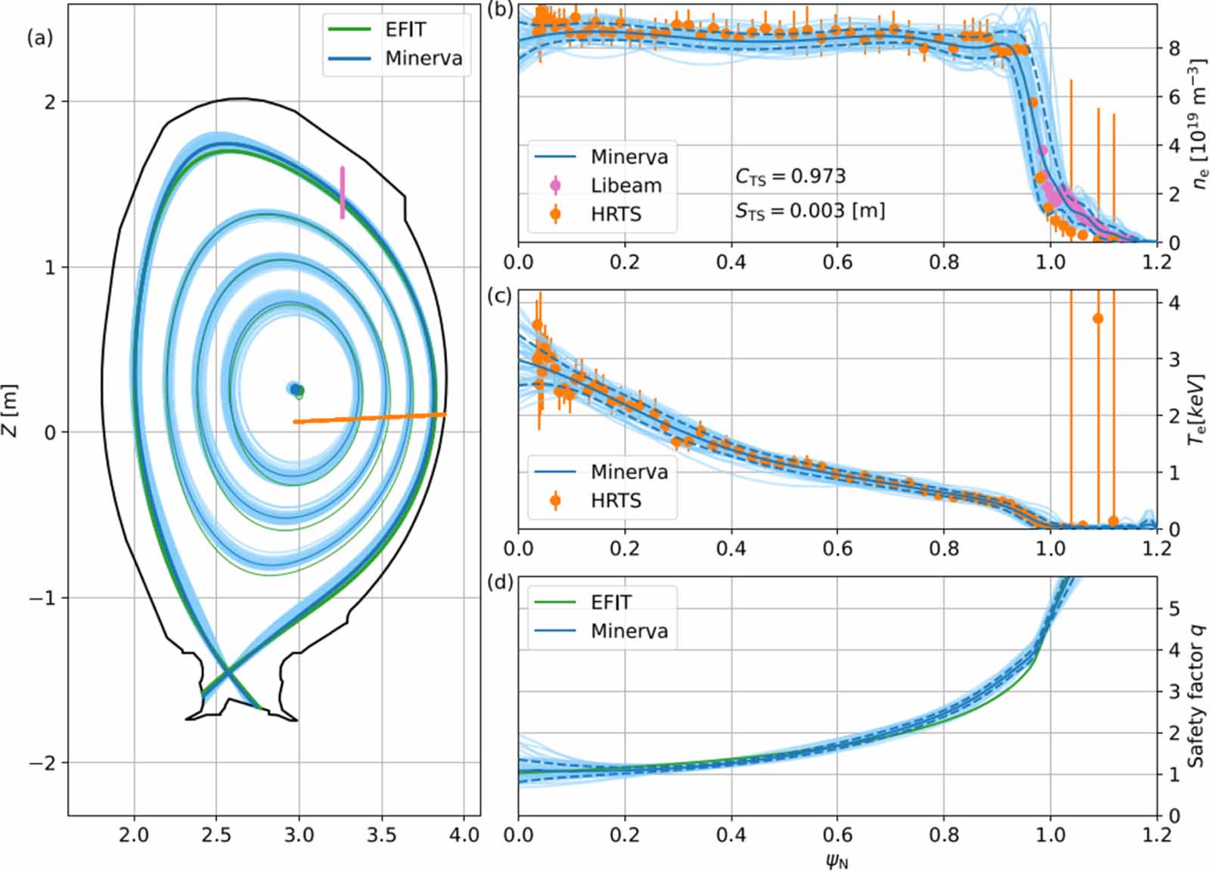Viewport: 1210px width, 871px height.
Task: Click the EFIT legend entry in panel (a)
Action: tap(405, 29)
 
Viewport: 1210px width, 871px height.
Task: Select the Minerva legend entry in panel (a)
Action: tap(423, 58)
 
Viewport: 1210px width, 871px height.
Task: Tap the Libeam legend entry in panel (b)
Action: tap(625, 185)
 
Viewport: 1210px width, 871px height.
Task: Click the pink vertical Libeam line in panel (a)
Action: tap(343, 193)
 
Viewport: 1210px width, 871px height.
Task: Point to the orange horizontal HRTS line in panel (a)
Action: tap(371, 417)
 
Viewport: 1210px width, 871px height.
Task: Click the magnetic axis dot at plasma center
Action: tap(296, 389)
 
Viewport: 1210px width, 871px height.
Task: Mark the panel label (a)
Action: tap(40, 38)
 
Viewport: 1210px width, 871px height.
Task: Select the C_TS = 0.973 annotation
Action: tap(790, 176)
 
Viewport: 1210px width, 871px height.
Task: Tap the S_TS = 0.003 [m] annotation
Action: tap(809, 210)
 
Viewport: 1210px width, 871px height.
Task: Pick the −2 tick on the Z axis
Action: tap(44, 763)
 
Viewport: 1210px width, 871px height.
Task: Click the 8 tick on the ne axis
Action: tap(1174, 48)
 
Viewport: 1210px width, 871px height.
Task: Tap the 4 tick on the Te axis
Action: tap(1174, 302)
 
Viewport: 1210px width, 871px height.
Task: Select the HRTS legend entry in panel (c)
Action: tap(615, 501)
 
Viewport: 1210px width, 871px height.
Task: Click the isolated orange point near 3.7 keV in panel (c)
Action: tap(1097, 318)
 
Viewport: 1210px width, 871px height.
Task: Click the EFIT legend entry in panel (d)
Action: tap(610, 602)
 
